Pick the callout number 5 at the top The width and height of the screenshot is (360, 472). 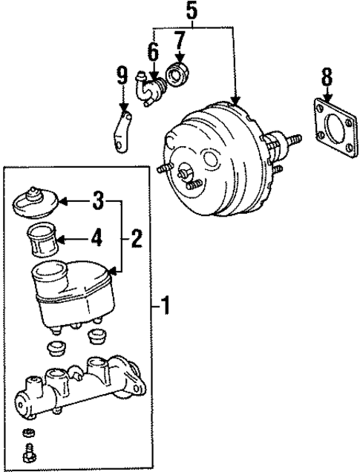[x=192, y=10]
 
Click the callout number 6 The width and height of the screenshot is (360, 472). [x=153, y=52]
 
